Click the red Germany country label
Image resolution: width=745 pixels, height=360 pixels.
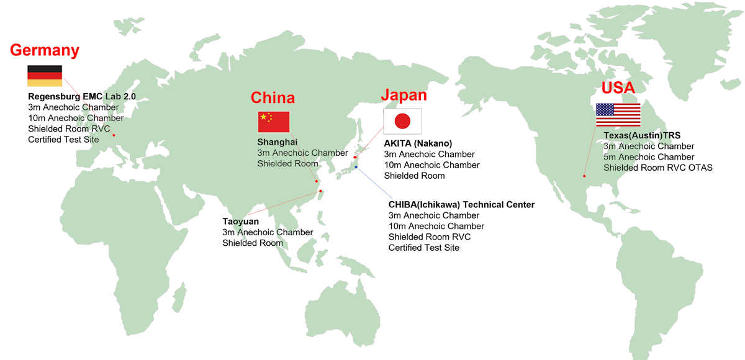click(45, 50)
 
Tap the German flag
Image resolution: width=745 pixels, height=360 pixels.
click(45, 76)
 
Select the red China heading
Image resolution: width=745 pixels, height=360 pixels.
click(273, 97)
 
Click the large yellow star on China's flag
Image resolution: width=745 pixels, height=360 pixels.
click(264, 117)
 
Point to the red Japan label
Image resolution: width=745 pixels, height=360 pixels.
click(404, 95)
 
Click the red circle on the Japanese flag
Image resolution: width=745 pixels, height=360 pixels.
click(402, 121)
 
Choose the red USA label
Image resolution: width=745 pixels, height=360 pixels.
click(618, 88)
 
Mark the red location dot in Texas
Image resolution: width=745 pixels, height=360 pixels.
click(584, 176)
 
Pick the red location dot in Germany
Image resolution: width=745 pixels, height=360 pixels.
click(114, 135)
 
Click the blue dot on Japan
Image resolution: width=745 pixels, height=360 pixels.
click(356, 166)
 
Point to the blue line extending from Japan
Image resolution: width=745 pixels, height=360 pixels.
click(376, 184)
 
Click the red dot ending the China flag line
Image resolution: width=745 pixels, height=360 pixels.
click(317, 181)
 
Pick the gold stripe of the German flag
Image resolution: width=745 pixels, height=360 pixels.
click(45, 83)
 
